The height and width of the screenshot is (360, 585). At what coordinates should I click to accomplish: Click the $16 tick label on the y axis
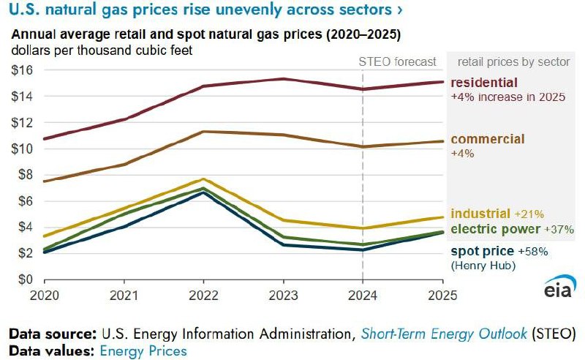[x=20, y=70]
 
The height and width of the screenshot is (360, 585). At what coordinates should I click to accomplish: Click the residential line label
[x=485, y=83]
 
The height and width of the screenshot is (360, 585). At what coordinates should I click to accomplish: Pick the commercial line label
[x=488, y=139]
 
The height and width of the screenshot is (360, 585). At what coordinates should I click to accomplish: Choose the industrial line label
[x=480, y=214]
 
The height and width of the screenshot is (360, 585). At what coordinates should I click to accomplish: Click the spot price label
[x=480, y=251]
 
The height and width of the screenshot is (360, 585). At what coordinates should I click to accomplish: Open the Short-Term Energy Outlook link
[x=443, y=334]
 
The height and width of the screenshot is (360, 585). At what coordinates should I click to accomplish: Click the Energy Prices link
[x=143, y=350]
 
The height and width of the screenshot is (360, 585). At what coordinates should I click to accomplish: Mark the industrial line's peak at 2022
[x=203, y=179]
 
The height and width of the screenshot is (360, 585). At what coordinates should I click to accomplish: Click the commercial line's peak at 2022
[x=203, y=132]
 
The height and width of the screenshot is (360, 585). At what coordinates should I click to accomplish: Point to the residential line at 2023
[x=283, y=79]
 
